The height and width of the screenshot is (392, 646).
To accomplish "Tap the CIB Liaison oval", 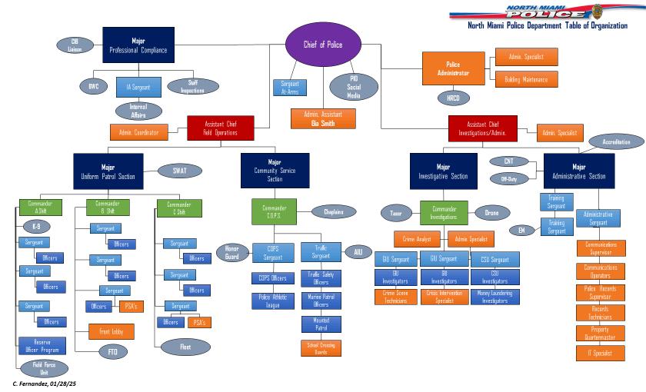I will (x=75, y=45).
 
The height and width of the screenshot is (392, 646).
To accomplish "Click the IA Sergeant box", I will (x=138, y=86).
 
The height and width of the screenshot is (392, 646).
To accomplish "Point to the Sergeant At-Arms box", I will (x=290, y=88).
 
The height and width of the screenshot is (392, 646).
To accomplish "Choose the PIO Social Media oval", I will (x=353, y=87).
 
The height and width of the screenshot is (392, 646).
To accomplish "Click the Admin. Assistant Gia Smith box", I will (x=324, y=118).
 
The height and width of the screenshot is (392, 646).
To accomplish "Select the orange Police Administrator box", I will (x=452, y=68).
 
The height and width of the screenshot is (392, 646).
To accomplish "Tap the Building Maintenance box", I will (x=526, y=79).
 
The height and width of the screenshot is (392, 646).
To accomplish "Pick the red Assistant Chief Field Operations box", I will (x=220, y=128).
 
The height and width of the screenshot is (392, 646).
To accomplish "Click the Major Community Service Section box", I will (x=275, y=170).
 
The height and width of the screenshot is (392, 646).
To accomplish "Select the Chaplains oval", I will (x=333, y=211).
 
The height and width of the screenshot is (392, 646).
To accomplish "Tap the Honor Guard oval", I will (x=232, y=251).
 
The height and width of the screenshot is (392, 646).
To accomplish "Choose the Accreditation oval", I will (x=616, y=142).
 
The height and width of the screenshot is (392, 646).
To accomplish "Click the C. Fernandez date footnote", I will (x=44, y=383).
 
